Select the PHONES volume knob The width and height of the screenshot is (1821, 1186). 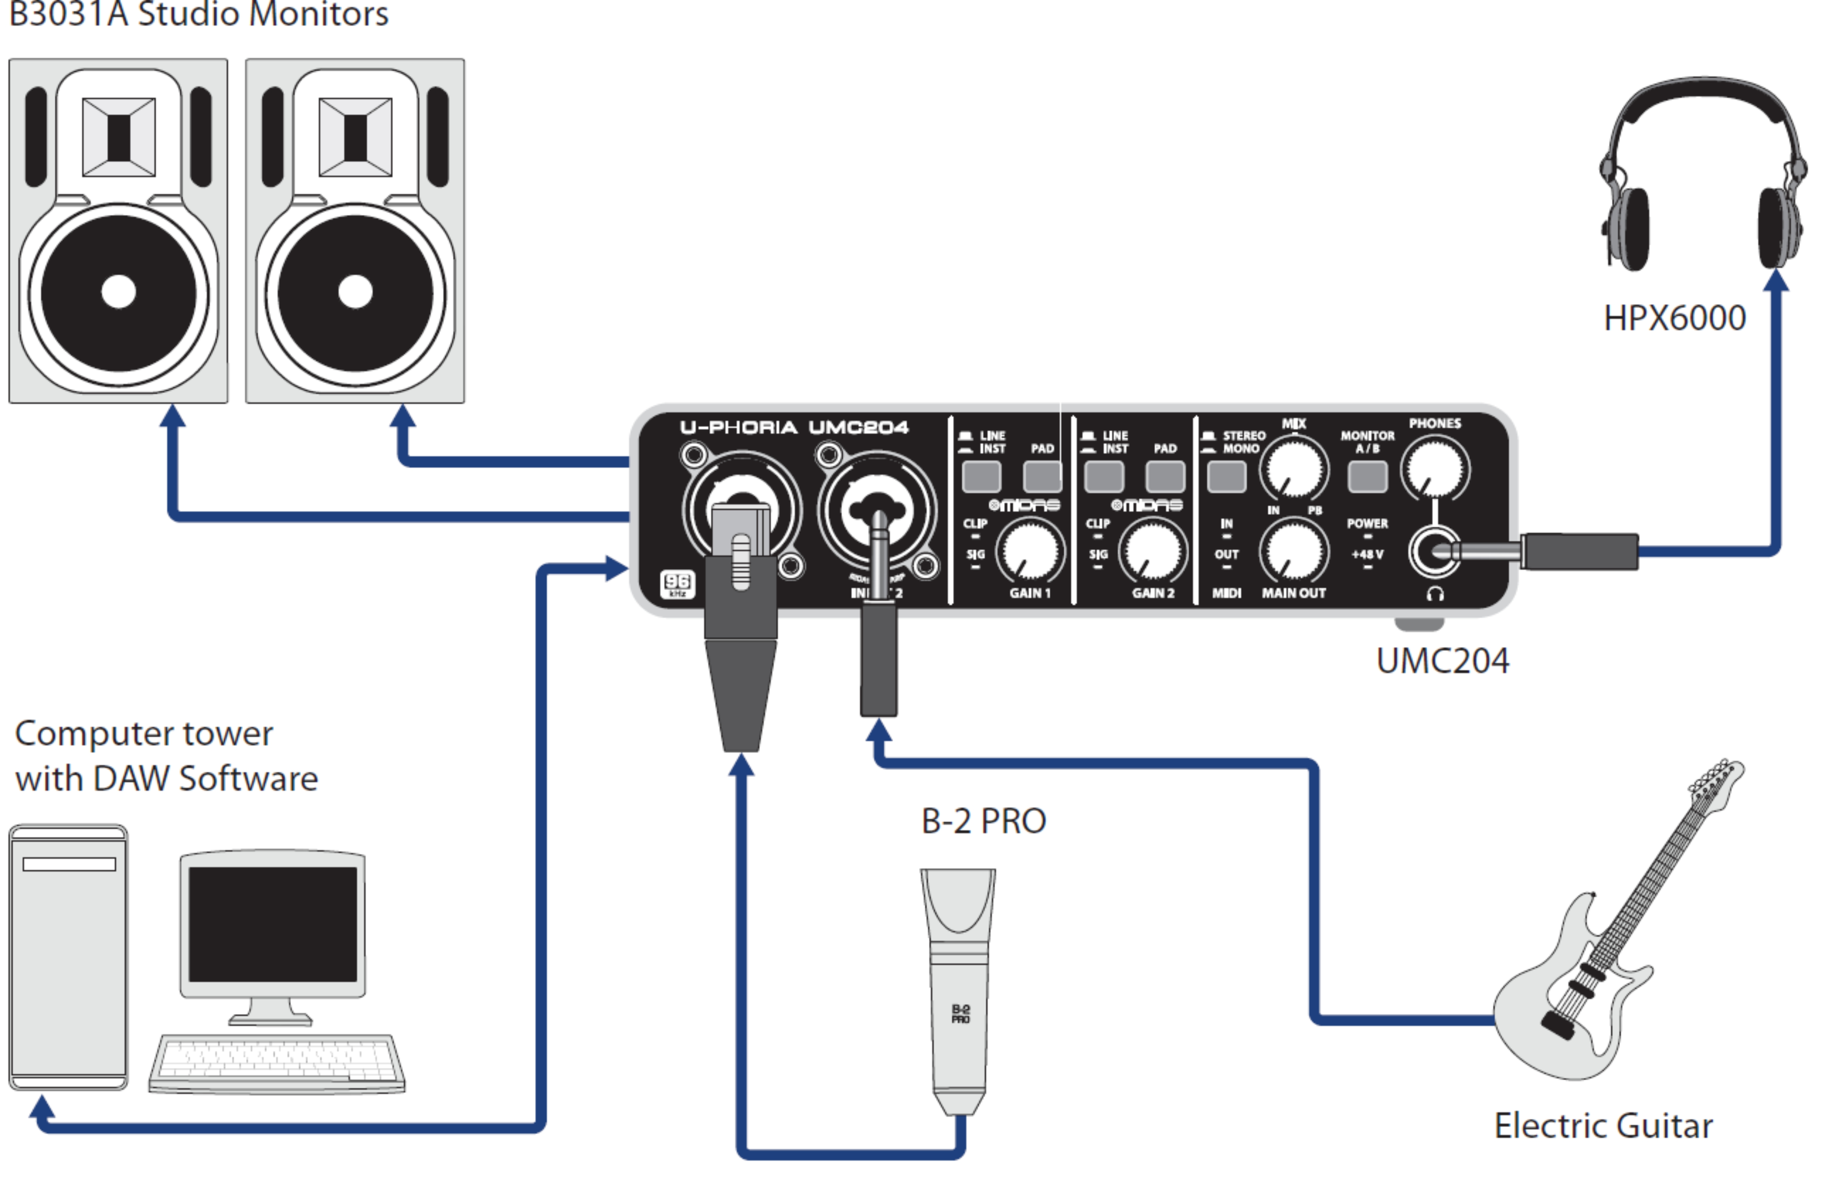1435,468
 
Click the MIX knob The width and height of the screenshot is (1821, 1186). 1294,468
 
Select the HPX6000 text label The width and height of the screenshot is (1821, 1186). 1674,317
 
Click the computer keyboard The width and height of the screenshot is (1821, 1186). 277,1064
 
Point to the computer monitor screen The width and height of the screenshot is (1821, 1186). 272,924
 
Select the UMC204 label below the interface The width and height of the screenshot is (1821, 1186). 1442,660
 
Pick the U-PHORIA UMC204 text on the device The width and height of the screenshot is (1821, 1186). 794,427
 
